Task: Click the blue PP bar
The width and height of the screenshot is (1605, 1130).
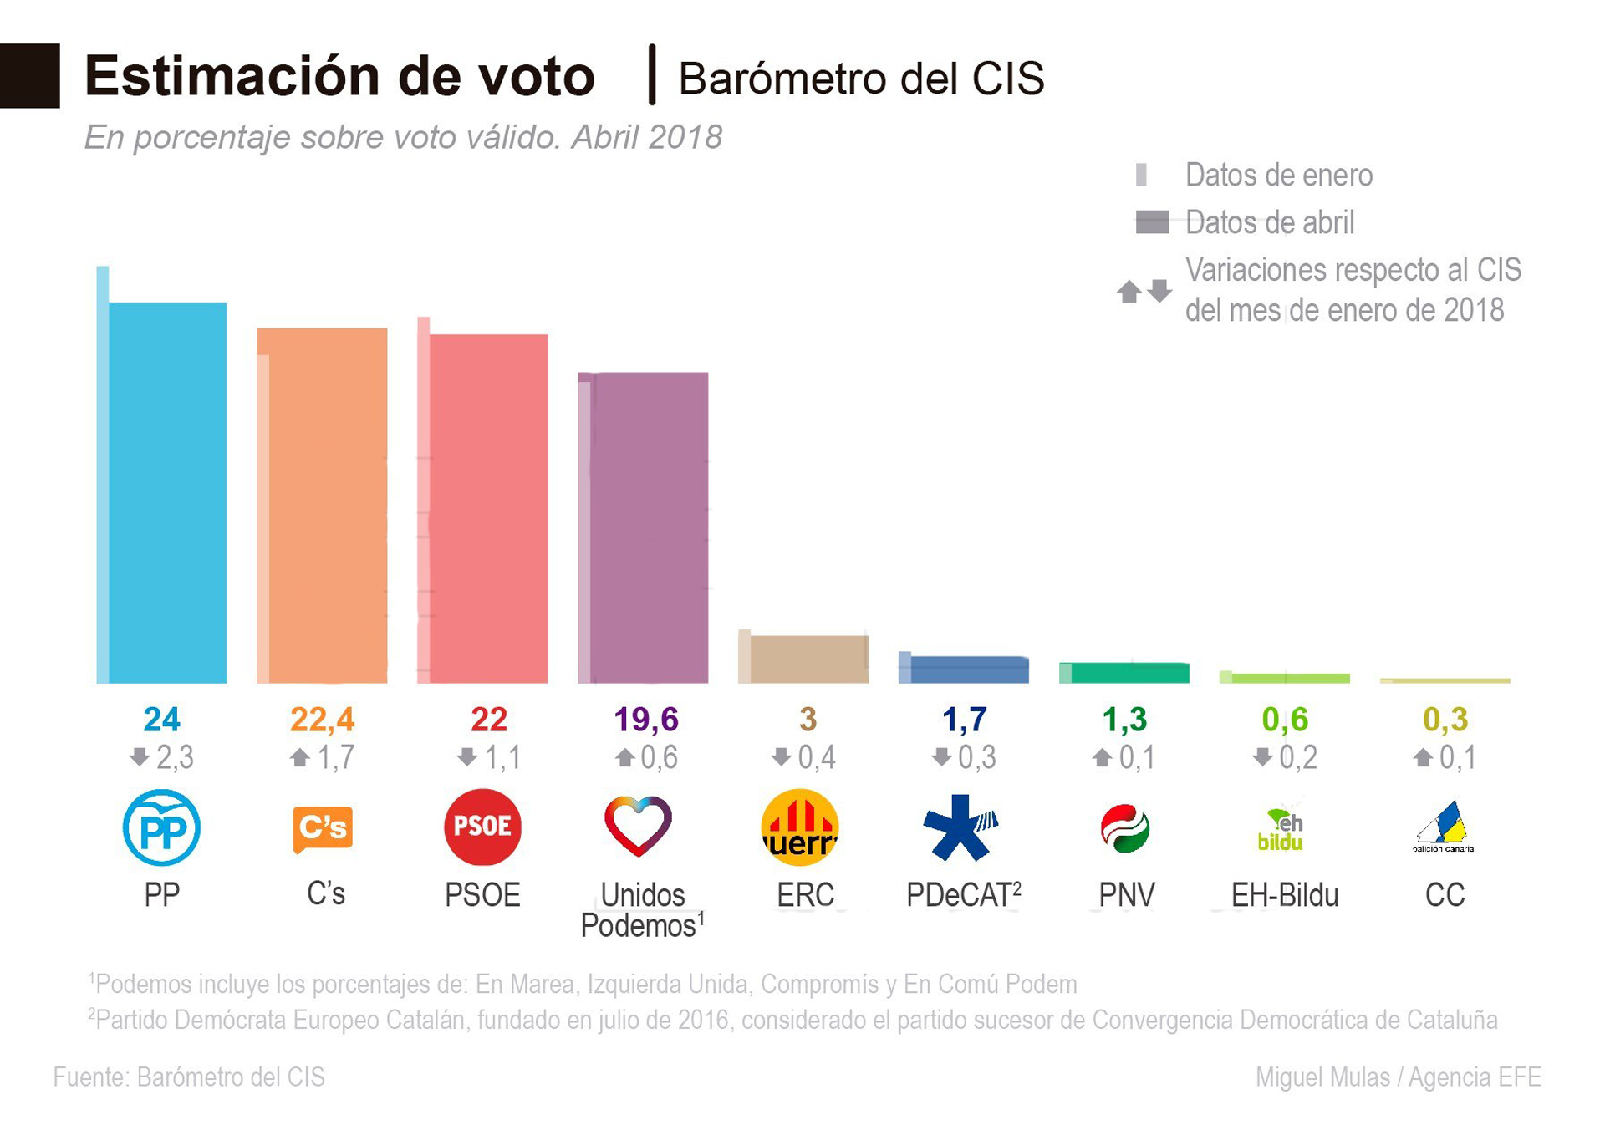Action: [x=167, y=493]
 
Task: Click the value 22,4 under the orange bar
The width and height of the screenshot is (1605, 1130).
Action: [x=322, y=719]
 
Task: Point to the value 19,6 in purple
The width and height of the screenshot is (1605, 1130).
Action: [x=645, y=719]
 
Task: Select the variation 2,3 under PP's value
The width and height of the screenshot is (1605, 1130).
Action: [x=174, y=757]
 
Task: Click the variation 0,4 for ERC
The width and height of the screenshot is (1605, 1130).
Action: [x=815, y=757]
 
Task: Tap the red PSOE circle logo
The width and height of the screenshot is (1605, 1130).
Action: [x=482, y=827]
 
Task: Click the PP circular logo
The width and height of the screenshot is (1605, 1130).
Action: [x=161, y=827]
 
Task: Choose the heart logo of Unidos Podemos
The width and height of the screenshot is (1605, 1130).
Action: [x=638, y=826]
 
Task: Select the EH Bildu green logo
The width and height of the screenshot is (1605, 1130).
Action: [x=1281, y=830]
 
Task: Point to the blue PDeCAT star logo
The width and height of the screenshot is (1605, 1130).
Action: [x=960, y=827]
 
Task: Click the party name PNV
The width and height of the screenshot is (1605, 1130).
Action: [x=1126, y=895]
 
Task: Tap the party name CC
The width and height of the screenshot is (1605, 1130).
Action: [x=1444, y=895]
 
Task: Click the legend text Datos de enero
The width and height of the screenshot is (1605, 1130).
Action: [x=1278, y=176]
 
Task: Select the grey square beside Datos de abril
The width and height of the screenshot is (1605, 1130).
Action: [x=1152, y=222]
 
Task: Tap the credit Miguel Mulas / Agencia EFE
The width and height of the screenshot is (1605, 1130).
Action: [x=1398, y=1077]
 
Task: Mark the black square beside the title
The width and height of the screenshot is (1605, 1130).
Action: [x=30, y=75]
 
